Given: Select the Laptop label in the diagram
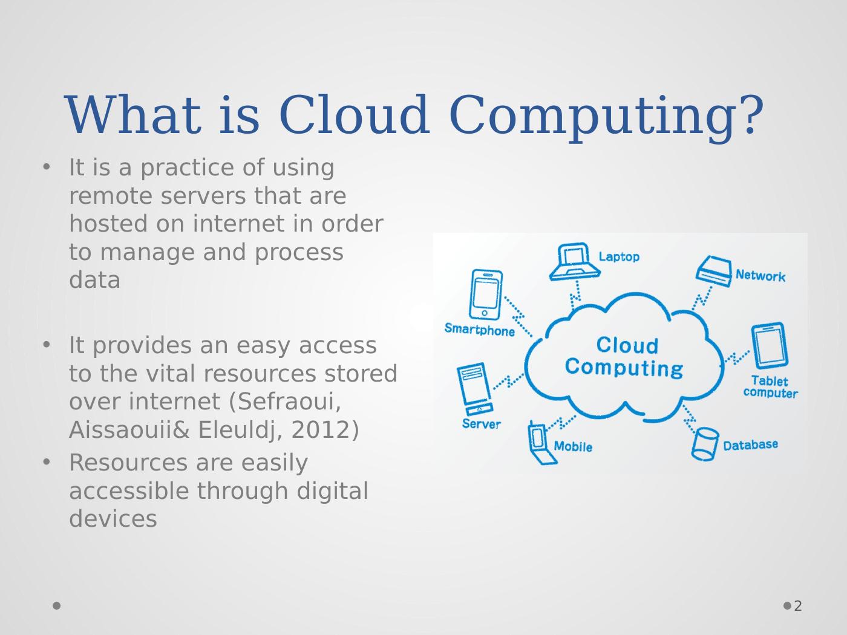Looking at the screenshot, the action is click(619, 257).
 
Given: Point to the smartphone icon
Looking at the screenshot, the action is click(486, 295).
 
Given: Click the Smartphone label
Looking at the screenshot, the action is click(480, 330).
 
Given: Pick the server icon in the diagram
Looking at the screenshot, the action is click(475, 389).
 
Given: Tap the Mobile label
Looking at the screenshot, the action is click(573, 446).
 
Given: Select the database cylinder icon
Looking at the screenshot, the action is click(705, 444).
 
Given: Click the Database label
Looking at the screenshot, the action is click(750, 445).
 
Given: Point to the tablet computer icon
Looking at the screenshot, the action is click(769, 346).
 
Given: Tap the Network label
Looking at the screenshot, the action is click(760, 276).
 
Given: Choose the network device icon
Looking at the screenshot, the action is click(714, 271).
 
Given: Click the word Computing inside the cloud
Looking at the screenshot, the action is click(624, 369).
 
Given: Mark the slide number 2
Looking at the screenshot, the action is click(797, 606).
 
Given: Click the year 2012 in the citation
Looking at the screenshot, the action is click(321, 429).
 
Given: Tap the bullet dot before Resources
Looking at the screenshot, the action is click(47, 461).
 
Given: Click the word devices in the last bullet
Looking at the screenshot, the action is click(113, 518).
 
